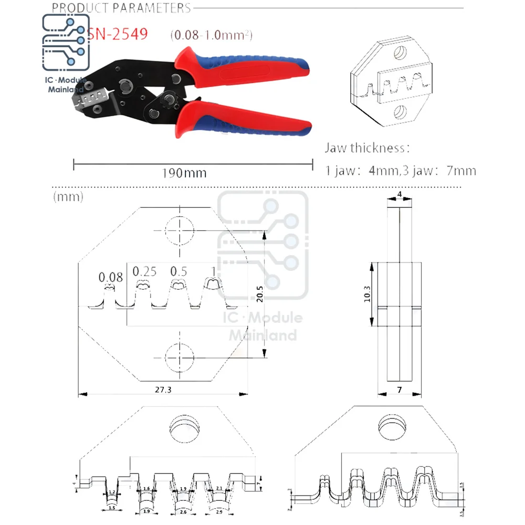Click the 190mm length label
pyautogui.click(x=183, y=173)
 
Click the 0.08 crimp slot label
pyautogui.click(x=111, y=277)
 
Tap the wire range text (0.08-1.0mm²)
pyautogui.click(x=211, y=36)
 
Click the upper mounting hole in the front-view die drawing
pyautogui.click(x=179, y=230)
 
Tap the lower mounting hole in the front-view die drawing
pyautogui.click(x=179, y=358)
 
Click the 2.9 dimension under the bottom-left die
pyautogui.click(x=219, y=511)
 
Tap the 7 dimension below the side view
pyautogui.click(x=400, y=391)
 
